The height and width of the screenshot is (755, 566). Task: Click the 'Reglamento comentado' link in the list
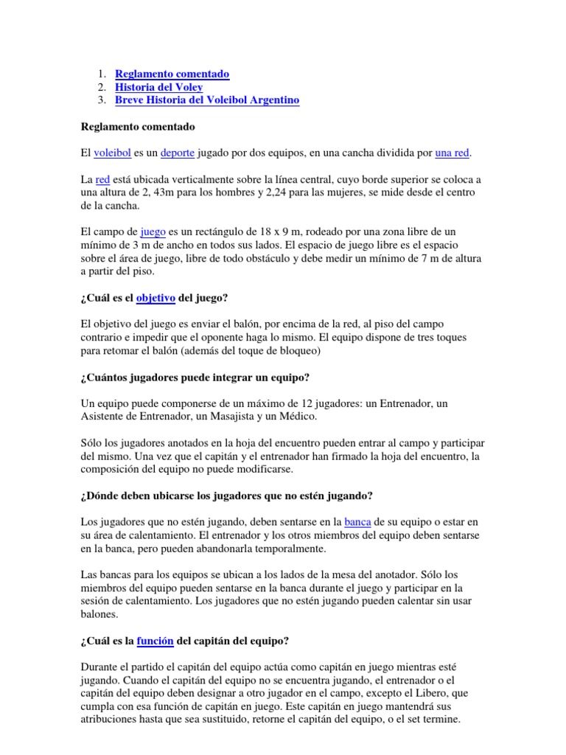click(172, 74)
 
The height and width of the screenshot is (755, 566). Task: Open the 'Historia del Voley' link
click(158, 87)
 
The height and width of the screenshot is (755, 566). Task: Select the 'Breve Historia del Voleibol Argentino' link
click(207, 100)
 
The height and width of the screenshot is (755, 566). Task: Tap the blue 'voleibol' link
click(113, 153)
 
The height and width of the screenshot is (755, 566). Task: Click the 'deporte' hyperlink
click(177, 153)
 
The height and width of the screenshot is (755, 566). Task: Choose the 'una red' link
click(452, 153)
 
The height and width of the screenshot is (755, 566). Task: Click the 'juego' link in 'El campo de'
click(153, 232)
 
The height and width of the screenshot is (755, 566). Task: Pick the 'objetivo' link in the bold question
click(155, 298)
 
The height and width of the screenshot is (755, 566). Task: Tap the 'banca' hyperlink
click(357, 523)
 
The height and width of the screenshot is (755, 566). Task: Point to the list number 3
click(101, 100)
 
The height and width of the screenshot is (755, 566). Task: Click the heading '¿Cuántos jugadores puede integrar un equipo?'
click(195, 377)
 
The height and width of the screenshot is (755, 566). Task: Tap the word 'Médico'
click(296, 417)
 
